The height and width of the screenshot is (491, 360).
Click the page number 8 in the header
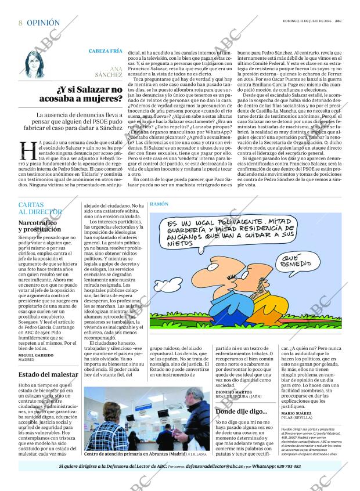click(x=20, y=23)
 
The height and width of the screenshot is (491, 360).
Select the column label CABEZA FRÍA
click(x=105, y=51)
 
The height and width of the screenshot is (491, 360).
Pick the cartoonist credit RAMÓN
click(x=159, y=205)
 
